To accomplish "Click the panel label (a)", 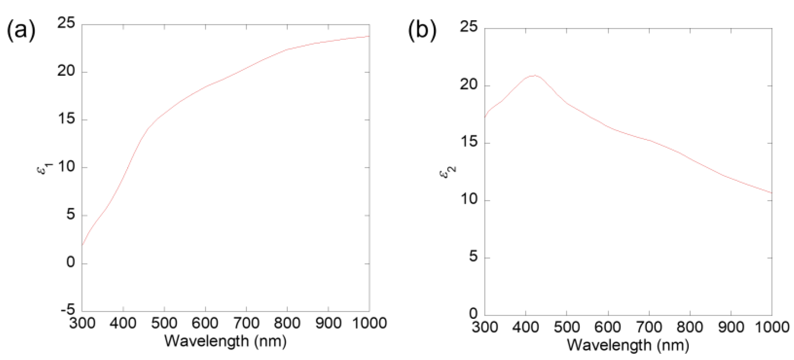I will coord(21,30).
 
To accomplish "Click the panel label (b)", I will coord(422,30).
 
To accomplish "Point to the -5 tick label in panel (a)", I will coord(68,310).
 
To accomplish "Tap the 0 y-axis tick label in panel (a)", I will coord(71,262).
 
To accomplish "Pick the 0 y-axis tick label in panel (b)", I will coord(473,313).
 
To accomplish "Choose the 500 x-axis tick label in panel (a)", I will coord(164,323).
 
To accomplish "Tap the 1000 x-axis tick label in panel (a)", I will coord(369,323).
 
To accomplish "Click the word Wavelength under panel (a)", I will coord(206,341).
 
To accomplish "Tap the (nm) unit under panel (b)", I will coord(673,345).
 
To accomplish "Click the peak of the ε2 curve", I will coord(534,75).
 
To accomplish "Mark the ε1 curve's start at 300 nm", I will coord(82,245).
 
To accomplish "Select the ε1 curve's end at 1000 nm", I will coord(369,36).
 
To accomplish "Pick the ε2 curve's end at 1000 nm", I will coord(772,193).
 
